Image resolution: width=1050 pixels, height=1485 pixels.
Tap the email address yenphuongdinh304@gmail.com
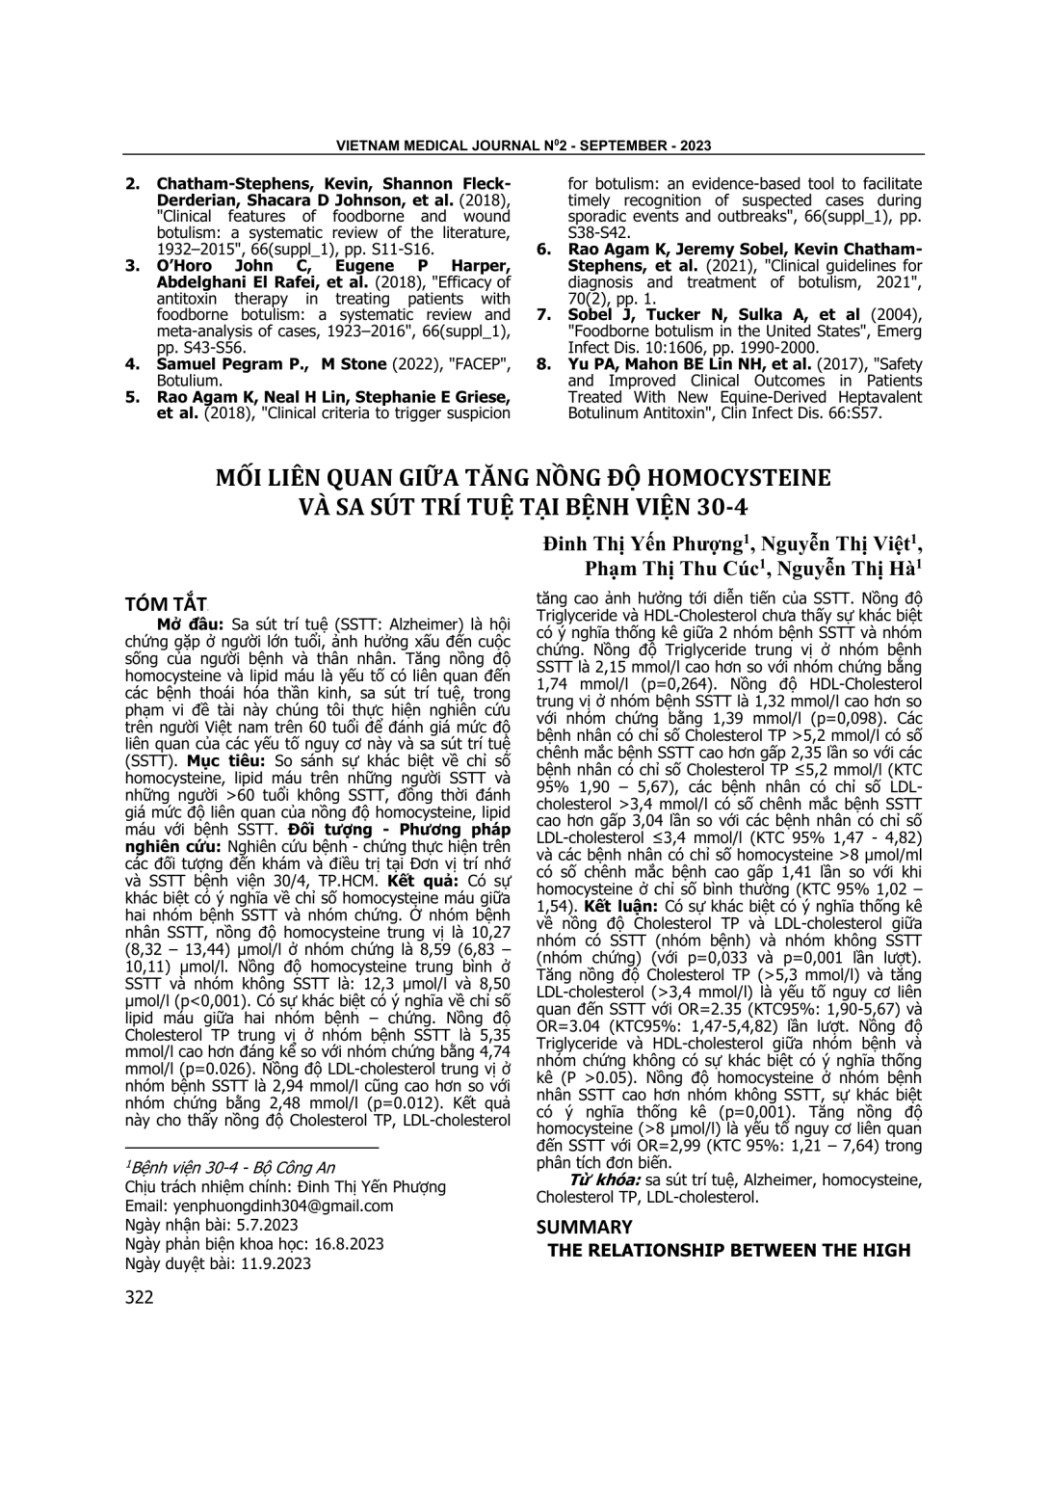[x=283, y=1206]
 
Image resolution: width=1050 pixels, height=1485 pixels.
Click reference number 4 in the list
[x=134, y=364]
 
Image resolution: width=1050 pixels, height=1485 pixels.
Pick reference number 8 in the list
[x=544, y=364]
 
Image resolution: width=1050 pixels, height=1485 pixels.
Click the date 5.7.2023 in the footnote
[x=262, y=1225]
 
